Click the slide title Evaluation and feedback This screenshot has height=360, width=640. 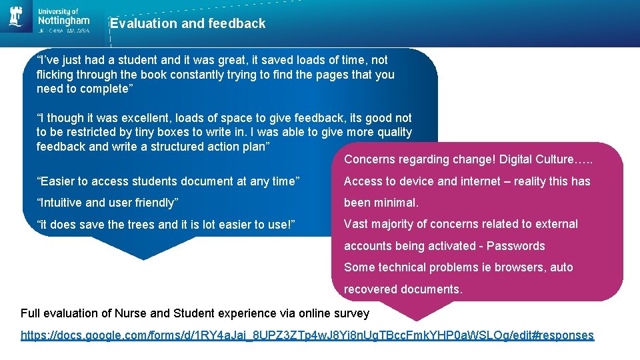pyautogui.click(x=187, y=24)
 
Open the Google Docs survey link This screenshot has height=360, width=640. pyautogui.click(x=307, y=335)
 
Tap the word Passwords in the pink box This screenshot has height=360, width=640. pyautogui.click(x=515, y=246)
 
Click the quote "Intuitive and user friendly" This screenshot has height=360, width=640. pyautogui.click(x=107, y=203)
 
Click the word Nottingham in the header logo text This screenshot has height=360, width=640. pyautogui.click(x=64, y=21)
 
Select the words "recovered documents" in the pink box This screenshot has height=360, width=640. pyautogui.click(x=403, y=289)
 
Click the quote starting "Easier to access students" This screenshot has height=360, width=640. pyautogui.click(x=168, y=181)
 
